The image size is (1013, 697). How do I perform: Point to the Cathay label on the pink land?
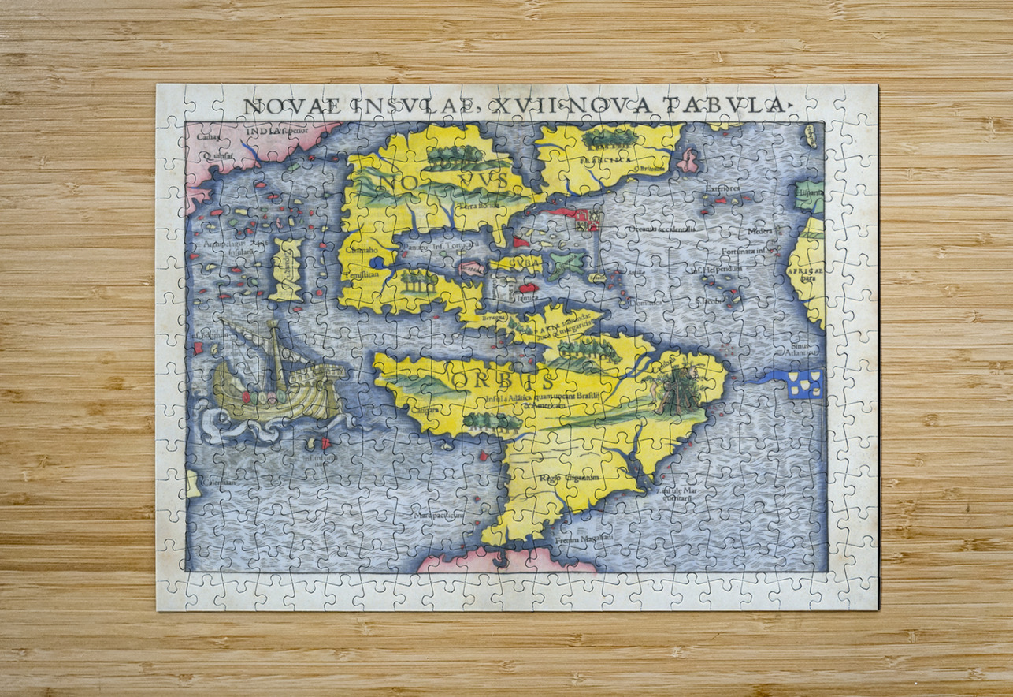pyautogui.click(x=209, y=136)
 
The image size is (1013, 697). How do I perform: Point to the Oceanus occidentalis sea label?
pyautogui.click(x=661, y=229)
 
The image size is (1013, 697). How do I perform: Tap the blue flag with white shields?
pyautogui.click(x=804, y=383)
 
